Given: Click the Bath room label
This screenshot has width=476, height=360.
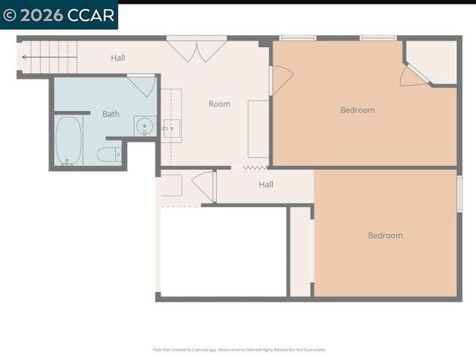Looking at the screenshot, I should (111, 114).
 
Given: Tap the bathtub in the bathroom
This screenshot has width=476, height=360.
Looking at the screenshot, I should (68, 140).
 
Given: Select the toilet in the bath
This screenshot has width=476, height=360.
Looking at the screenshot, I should (108, 155).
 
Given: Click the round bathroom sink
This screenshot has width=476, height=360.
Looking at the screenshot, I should (143, 125).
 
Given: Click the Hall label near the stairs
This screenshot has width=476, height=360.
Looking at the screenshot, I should (118, 58).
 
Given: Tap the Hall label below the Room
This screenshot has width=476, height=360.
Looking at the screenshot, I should (266, 184).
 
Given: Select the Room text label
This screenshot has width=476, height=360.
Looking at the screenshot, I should (219, 104).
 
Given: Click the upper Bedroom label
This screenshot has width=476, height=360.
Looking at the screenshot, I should (357, 110).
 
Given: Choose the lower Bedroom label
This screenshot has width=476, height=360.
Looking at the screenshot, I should (385, 235).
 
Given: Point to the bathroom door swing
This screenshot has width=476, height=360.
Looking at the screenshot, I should (143, 84).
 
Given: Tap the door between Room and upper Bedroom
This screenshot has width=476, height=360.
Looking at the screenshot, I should (280, 79).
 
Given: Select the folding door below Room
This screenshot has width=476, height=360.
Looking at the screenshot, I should (249, 167).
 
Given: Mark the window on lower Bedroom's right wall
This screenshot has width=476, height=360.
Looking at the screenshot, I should (459, 193).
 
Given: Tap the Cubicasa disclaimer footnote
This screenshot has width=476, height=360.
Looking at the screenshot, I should (239, 349).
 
